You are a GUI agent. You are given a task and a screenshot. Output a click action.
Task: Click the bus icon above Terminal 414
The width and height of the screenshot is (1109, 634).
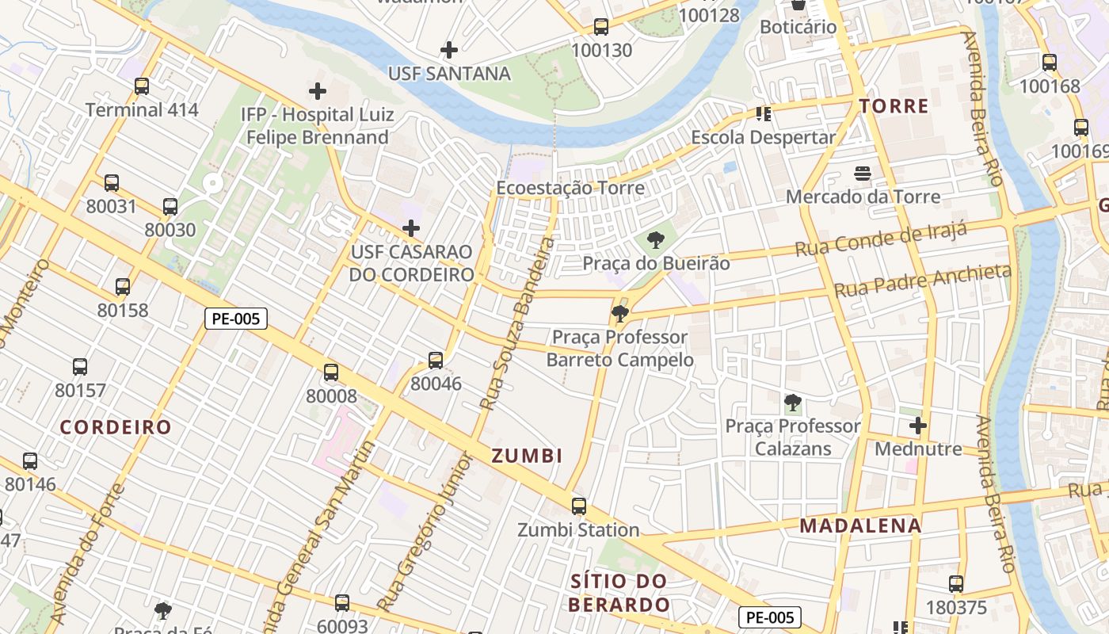point(142,86)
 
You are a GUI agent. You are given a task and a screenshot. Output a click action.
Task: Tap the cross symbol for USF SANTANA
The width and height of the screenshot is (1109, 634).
point(449,50)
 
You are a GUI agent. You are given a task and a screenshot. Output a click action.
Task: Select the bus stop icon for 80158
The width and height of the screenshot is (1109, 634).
point(123,287)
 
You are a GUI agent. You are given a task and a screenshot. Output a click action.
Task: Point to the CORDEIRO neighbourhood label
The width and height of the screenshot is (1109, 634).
point(116,427)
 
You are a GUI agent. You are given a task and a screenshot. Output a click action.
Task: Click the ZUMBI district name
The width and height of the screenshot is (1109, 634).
point(527,456)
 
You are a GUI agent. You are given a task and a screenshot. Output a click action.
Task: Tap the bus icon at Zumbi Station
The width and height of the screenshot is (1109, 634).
point(579,506)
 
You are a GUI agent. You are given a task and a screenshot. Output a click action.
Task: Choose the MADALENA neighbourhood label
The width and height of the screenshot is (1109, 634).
point(860,525)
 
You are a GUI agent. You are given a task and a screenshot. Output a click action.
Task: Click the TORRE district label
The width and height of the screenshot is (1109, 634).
point(894,106)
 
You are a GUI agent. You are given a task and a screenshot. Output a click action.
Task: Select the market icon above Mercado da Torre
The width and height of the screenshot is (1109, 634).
point(863,174)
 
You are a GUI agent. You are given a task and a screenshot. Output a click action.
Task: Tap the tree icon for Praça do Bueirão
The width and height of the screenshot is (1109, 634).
point(655,239)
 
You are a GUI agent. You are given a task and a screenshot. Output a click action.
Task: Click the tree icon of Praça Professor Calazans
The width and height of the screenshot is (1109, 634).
point(792,403)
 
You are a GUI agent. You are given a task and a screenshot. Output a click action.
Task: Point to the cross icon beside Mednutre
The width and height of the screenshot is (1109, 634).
point(918,426)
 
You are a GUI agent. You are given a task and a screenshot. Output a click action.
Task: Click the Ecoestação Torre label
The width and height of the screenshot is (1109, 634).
point(570,189)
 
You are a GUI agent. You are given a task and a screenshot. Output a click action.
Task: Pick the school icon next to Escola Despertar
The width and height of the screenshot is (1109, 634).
point(764,114)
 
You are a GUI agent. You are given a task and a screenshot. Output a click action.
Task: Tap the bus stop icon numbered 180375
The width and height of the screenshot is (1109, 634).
point(956,585)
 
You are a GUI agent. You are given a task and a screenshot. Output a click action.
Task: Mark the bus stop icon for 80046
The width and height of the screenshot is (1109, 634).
point(436,361)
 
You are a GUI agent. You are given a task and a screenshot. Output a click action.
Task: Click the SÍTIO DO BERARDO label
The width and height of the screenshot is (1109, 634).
point(620,593)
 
